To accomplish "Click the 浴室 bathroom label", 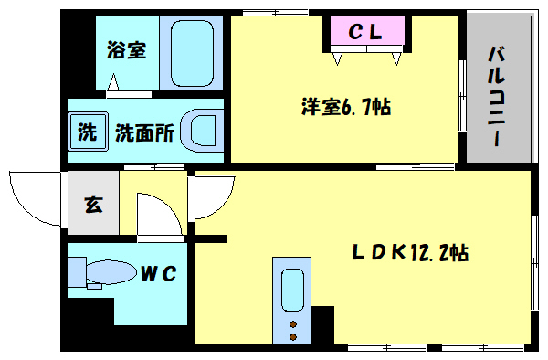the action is [x=126, y=51].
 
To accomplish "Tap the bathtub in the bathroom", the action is [x=192, y=52].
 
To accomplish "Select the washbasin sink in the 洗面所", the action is [x=202, y=130].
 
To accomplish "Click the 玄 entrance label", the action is [x=93, y=204].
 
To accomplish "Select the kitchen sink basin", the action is [x=292, y=291].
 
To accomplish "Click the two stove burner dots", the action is [x=293, y=330].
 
